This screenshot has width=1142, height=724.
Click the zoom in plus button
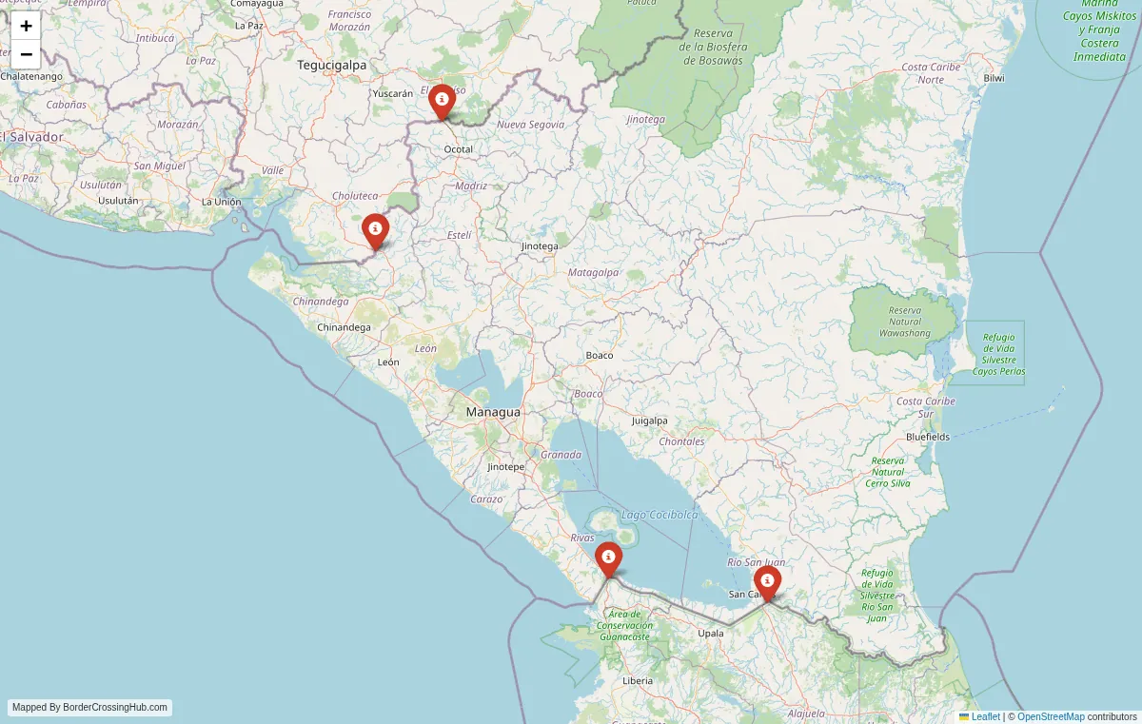tap(26, 26)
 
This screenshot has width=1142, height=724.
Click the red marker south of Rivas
tap(609, 558)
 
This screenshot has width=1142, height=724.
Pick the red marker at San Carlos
tap(767, 581)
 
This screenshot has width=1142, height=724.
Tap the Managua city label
tap(493, 412)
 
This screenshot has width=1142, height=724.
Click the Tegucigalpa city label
tap(331, 66)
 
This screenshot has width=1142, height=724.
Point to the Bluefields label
tap(928, 437)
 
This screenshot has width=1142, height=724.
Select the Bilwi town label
tap(994, 78)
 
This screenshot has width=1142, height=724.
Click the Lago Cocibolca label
tap(660, 515)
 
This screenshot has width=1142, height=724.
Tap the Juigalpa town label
tap(649, 421)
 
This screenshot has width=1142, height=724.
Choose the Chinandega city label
tap(344, 327)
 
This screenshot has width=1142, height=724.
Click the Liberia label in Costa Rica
tap(638, 681)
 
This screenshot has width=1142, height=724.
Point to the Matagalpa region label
tap(593, 272)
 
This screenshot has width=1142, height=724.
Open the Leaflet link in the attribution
tap(985, 716)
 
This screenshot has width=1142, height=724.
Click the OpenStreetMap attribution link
tap(1051, 716)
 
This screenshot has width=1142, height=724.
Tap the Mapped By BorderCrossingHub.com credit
tap(90, 708)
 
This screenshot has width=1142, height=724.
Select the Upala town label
tap(711, 633)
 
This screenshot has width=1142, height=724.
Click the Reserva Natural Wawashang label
tap(904, 322)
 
